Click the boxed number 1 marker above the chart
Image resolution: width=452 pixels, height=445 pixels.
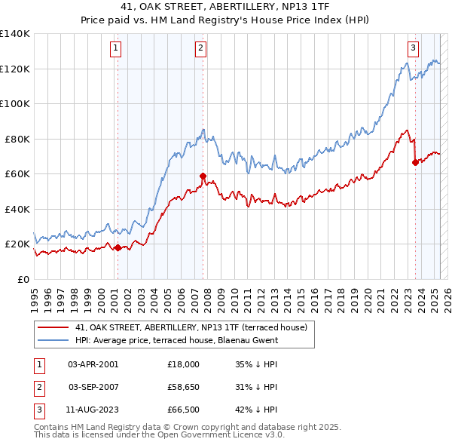[116, 48]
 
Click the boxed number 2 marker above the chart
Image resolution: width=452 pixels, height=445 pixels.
[201, 48]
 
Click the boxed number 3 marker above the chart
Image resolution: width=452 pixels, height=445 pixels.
[414, 48]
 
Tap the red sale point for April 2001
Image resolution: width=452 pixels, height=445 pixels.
[118, 247]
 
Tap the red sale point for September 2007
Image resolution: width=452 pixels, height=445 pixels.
[203, 176]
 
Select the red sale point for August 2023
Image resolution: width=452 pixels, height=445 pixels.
[415, 162]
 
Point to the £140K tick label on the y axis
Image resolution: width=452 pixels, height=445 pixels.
[14, 34]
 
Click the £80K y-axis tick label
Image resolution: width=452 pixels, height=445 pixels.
[17, 139]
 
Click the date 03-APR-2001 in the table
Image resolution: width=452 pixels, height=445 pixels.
[93, 364]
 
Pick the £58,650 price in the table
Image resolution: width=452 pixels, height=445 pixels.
[184, 387]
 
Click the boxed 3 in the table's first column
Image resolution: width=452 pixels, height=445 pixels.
[38, 410]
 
